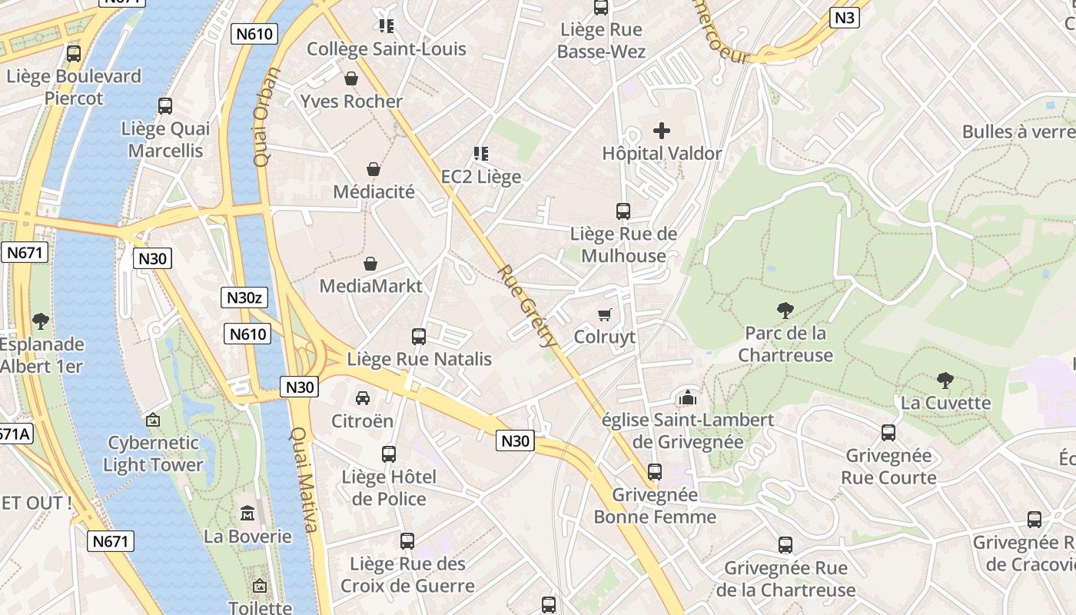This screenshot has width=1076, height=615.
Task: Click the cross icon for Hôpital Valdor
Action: tap(661, 131)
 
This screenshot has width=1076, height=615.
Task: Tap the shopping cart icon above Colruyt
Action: tap(605, 314)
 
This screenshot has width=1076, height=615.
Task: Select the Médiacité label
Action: tap(374, 191)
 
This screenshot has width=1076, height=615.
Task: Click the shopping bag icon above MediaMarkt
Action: tap(370, 264)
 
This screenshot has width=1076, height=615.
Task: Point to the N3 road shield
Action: tap(845, 18)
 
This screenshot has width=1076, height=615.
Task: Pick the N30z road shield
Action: tap(244, 298)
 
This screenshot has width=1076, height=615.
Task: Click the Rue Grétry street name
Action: tap(526, 306)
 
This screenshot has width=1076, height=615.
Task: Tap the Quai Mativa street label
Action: tap(303, 480)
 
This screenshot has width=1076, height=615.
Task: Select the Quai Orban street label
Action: tap(264, 118)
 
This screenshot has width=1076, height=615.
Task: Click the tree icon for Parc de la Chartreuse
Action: tap(785, 311)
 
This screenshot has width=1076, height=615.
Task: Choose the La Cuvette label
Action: tap(945, 403)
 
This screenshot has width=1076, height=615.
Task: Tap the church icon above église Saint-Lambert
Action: tap(687, 397)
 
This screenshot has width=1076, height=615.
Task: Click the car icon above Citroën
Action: tap(362, 398)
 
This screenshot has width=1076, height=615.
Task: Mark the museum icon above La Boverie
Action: tap(247, 513)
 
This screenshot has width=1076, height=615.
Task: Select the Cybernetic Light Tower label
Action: tap(153, 454)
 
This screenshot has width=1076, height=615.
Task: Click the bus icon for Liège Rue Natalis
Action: tap(419, 336)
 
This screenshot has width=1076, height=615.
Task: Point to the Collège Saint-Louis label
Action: tap(386, 49)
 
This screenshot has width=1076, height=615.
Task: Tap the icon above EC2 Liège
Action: tap(481, 154)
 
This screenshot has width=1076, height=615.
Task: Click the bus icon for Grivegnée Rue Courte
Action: tap(888, 433)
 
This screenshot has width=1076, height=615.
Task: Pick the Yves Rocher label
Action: tap(351, 101)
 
